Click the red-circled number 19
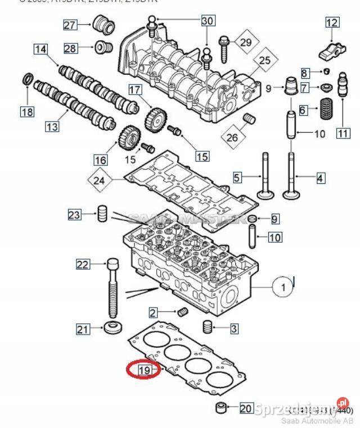144,370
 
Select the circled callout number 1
283,287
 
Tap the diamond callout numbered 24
100,181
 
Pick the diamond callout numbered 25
264,60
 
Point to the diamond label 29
246,42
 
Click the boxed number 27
70,25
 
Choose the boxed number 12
332,22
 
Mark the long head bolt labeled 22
112,287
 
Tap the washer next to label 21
113,327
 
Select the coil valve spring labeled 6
326,107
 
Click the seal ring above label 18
26,80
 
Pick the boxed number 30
208,20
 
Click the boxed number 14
40,49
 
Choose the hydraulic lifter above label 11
343,96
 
